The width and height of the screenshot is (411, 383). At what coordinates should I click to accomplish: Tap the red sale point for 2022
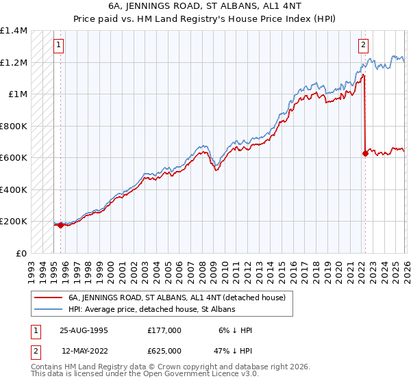365,153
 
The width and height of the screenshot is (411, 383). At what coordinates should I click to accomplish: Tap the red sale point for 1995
61,224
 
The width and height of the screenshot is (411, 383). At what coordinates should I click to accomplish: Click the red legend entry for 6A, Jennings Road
181,298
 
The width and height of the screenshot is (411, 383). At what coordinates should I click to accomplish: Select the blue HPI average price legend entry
151,309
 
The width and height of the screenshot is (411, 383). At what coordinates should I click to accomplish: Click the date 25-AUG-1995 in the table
84,330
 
